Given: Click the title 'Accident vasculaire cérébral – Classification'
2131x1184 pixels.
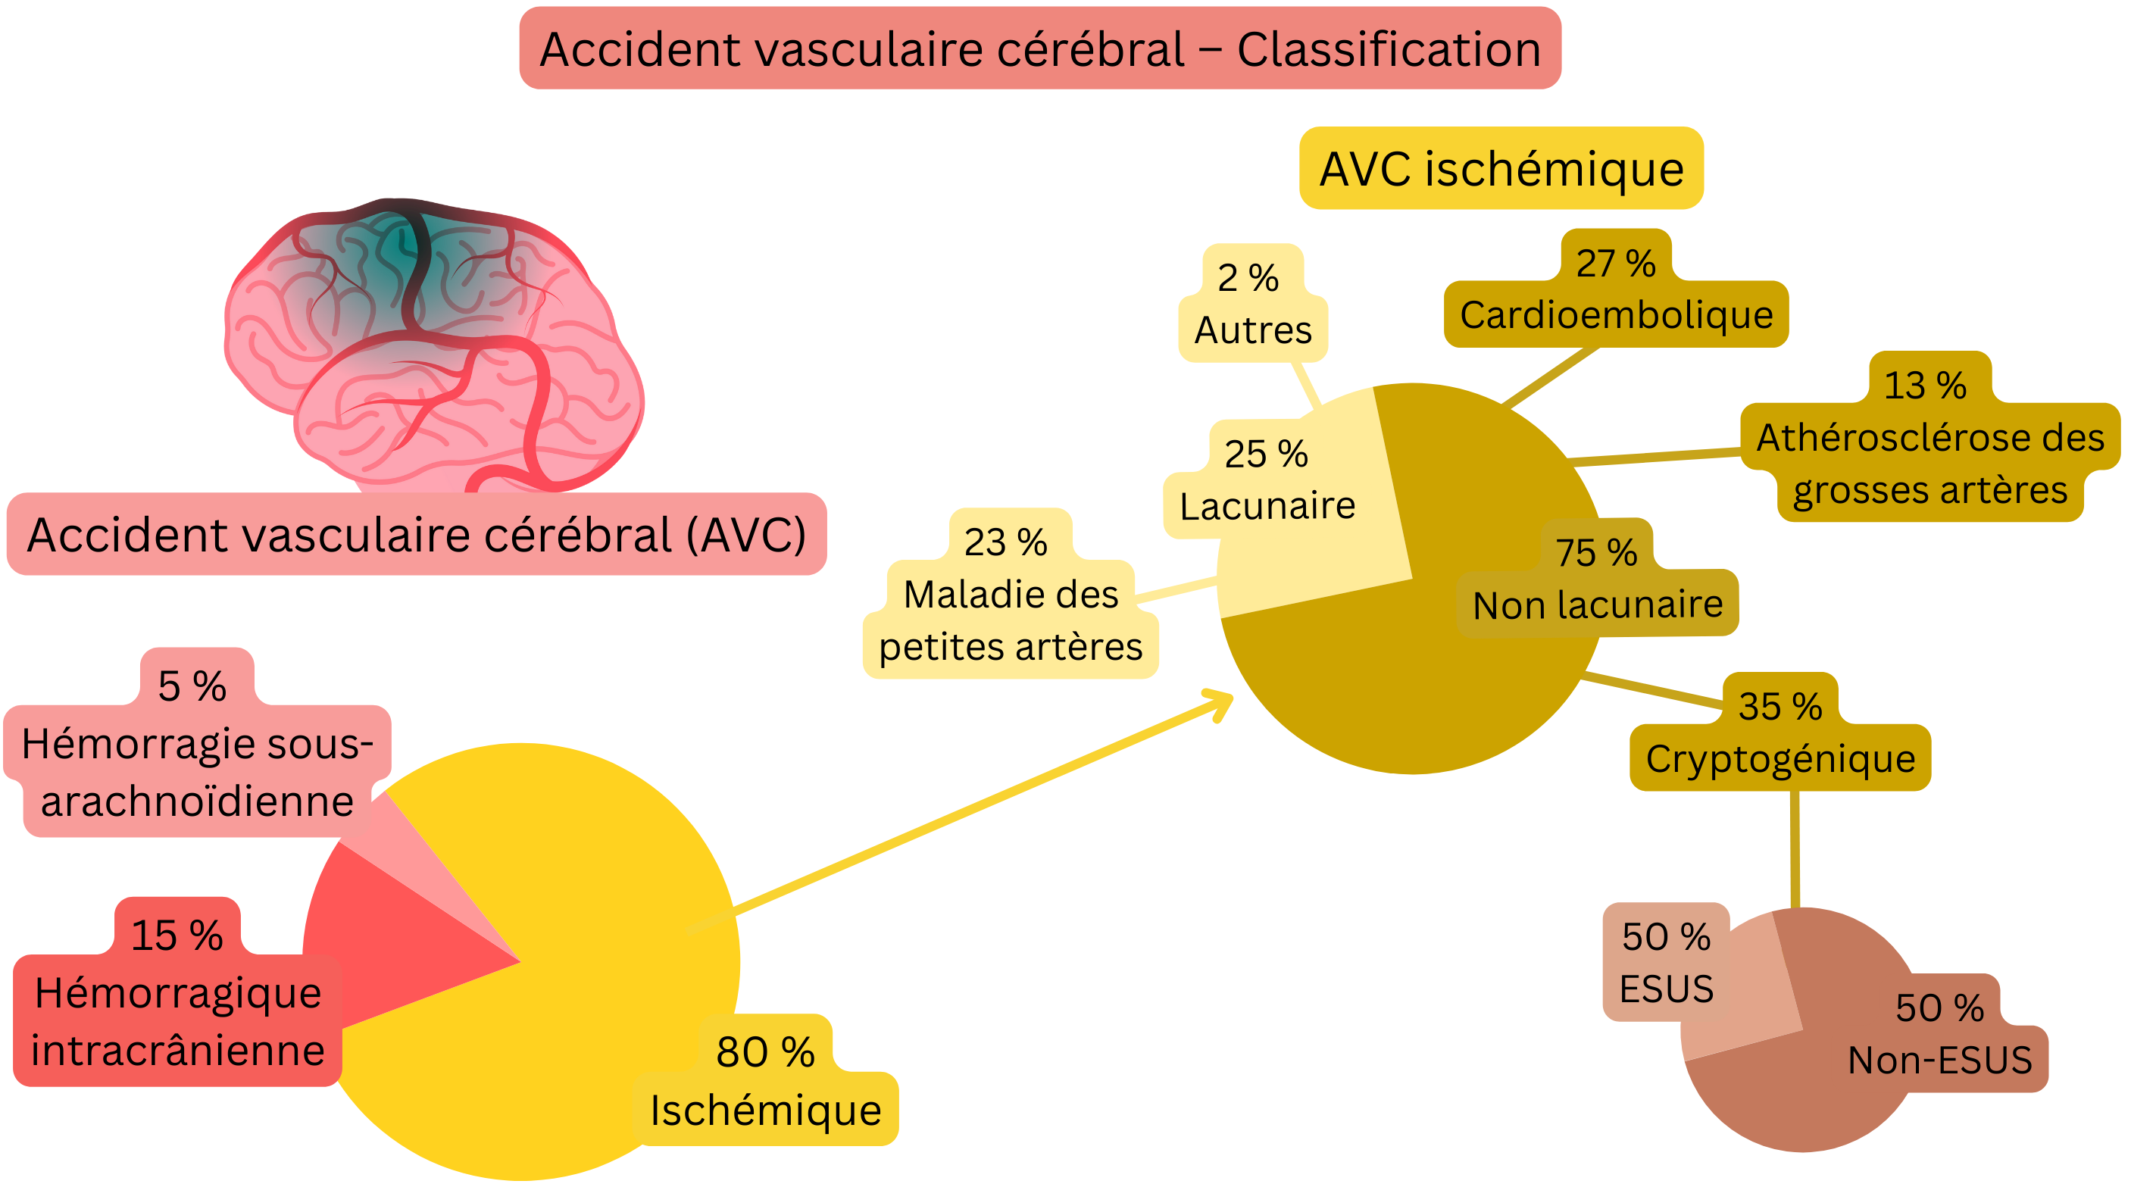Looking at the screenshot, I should pyautogui.click(x=1040, y=48).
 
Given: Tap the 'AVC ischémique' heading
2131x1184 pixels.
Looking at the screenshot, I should pyautogui.click(x=1501, y=169).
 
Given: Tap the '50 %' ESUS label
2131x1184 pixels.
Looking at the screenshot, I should pyautogui.click(x=1666, y=962).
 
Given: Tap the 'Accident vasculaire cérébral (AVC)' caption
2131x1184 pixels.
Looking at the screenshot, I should pyautogui.click(x=416, y=535).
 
